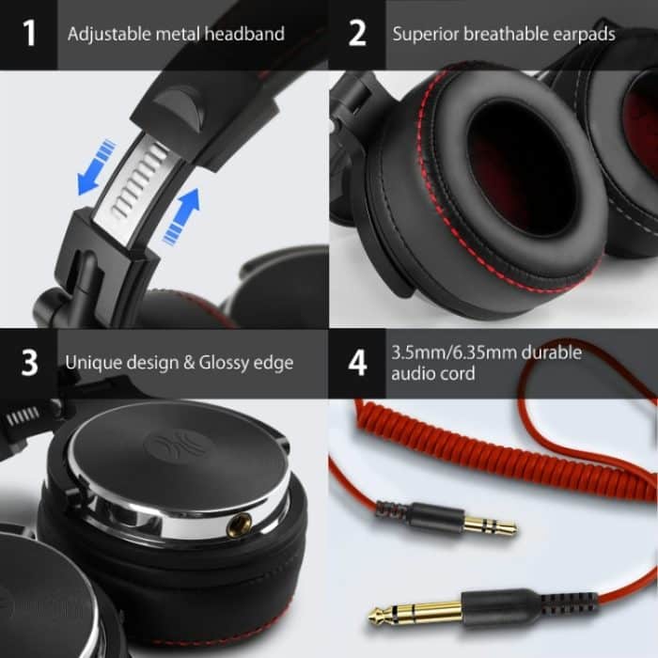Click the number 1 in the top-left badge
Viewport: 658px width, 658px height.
pos(29,35)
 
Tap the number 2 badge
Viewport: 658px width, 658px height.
pos(357,35)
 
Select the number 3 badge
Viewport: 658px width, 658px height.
pos(29,363)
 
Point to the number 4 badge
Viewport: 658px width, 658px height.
pos(357,363)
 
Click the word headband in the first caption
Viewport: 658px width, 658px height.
pos(248,35)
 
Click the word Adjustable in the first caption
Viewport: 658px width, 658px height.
pos(107,35)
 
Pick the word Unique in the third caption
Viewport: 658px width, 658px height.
pos(89,363)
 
